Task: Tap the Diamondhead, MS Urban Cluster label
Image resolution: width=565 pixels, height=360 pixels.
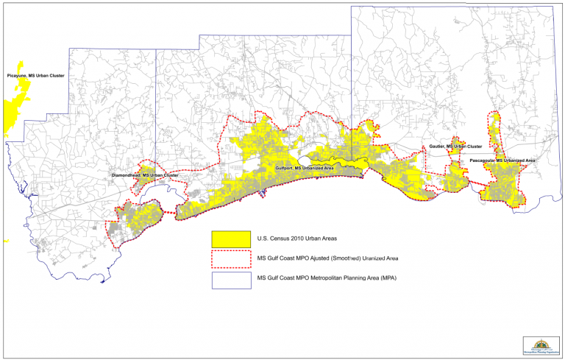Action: point(144,175)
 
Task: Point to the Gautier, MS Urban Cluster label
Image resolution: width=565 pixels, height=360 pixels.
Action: point(455,147)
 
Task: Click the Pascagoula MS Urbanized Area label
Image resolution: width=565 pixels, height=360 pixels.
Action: point(502,160)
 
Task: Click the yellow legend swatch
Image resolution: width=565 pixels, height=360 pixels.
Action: point(230,239)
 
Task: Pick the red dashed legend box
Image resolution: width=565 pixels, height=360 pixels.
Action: point(230,259)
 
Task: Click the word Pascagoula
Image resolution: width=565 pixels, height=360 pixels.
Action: point(482,160)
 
